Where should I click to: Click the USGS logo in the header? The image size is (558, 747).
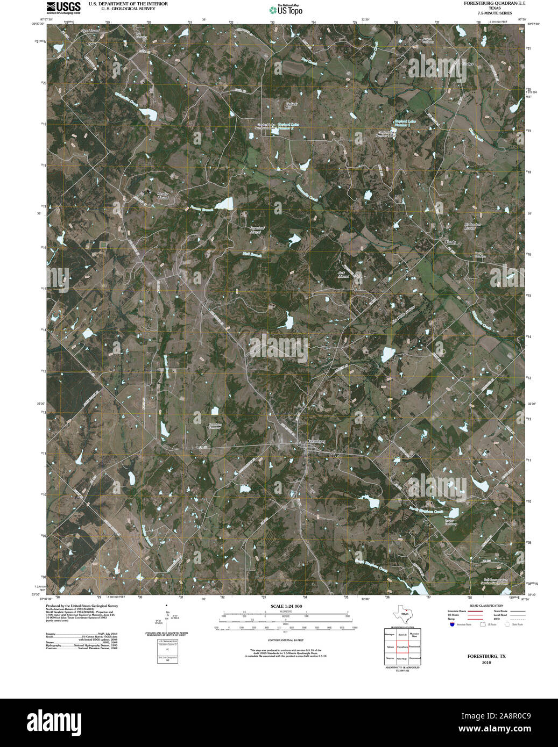click(63, 7)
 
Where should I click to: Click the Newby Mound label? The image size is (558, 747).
click(163, 196)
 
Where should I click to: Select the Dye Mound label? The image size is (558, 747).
click(90, 31)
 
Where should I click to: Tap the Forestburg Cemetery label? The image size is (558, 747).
click(215, 426)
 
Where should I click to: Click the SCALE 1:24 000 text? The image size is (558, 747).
click(286, 606)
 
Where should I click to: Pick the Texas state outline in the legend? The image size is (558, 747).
click(404, 613)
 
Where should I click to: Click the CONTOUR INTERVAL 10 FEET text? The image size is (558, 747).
click(286, 641)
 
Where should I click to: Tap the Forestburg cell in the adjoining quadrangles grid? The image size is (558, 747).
click(402, 648)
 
